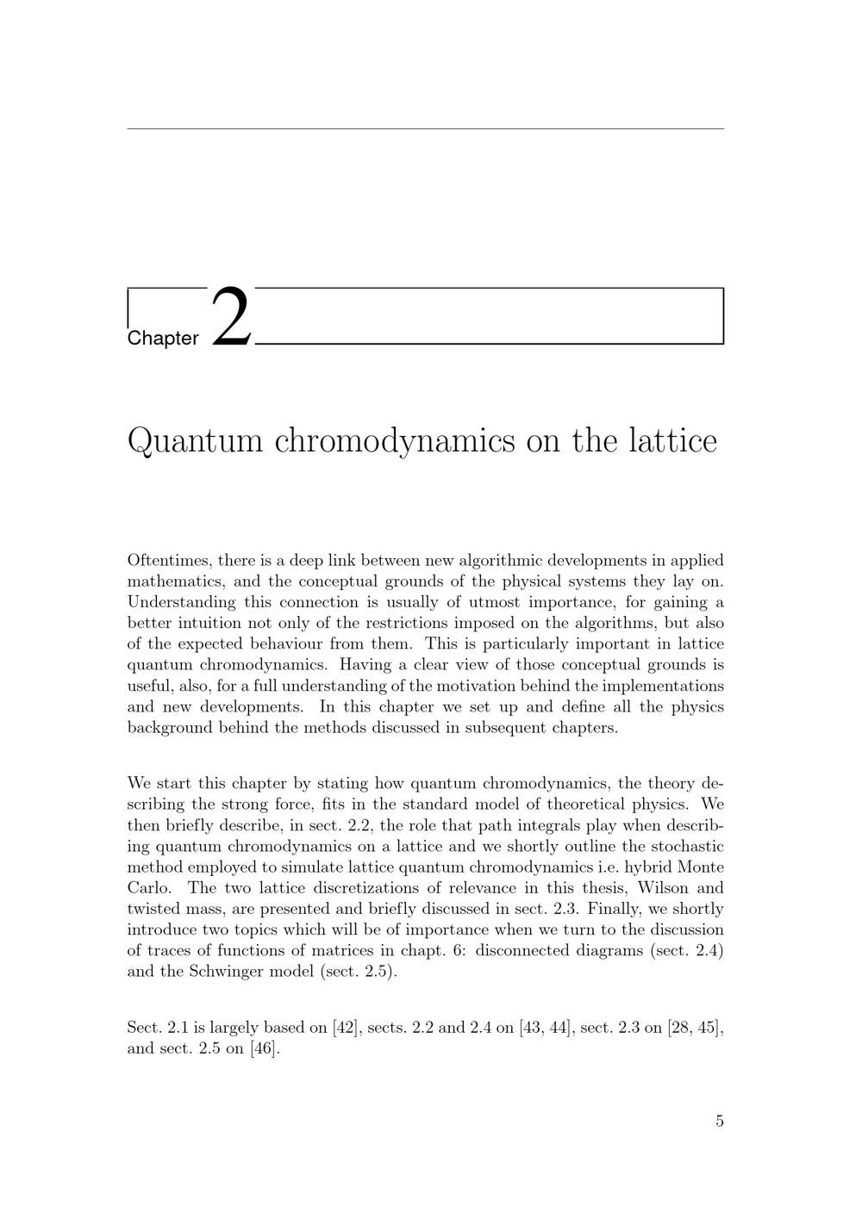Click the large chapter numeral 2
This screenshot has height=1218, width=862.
231,316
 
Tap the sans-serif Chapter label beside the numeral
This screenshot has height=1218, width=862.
163,339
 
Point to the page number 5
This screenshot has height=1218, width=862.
720,1121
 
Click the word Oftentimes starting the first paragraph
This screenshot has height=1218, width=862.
168,560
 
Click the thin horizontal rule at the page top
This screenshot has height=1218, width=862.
425,129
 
